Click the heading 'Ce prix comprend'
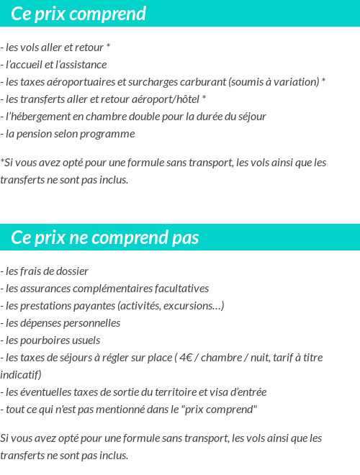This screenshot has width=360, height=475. click(78, 14)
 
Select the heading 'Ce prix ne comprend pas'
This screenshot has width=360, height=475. click(105, 237)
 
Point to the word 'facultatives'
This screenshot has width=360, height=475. click(182, 289)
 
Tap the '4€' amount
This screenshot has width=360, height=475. click(187, 358)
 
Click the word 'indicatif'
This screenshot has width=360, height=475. click(19, 375)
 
